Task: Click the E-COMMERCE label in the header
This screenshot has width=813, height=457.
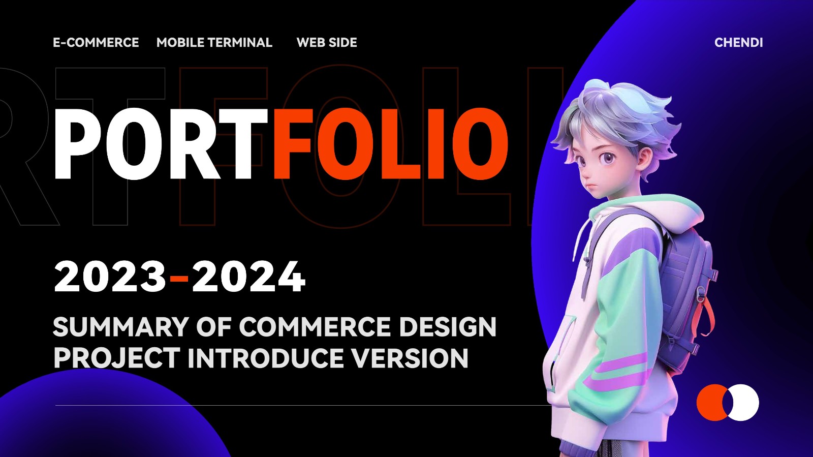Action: (x=96, y=43)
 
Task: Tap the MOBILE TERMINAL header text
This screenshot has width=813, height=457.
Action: (x=214, y=43)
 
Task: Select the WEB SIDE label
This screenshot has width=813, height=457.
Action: (x=327, y=43)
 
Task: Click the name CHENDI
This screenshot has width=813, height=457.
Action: (x=739, y=43)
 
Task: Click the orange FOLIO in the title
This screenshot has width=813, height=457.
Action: (x=390, y=144)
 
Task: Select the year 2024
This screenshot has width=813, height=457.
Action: (x=248, y=277)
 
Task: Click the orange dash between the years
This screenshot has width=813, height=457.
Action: (x=179, y=279)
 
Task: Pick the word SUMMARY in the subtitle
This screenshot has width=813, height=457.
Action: (x=122, y=327)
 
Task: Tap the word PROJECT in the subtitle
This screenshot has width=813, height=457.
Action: (x=117, y=358)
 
